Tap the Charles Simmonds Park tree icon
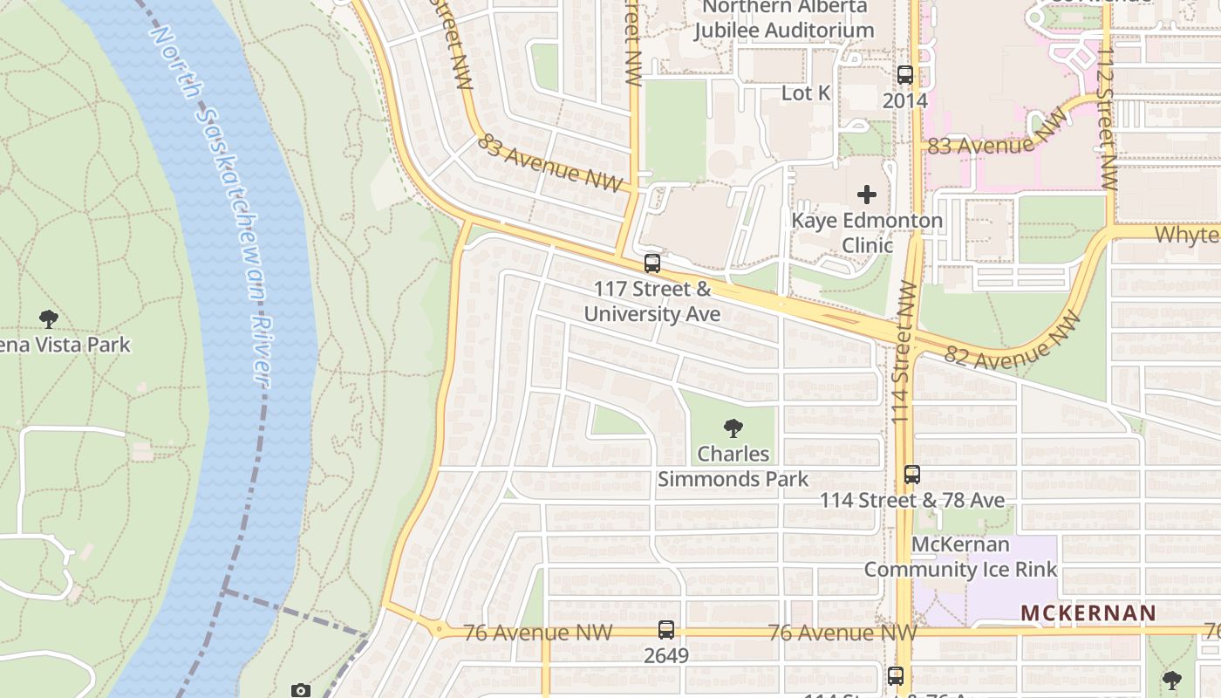coord(733,428)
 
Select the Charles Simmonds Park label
coord(733,467)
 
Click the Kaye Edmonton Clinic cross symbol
coord(866,195)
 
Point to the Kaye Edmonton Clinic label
coord(866,233)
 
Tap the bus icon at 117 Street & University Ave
coord(652,263)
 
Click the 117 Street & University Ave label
coord(652,301)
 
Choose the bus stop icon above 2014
coord(904,75)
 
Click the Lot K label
coord(805,92)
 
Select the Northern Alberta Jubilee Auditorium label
coord(783,18)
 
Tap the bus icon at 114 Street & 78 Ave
coord(912,475)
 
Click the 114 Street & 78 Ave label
coord(912,501)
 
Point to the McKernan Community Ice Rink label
coord(960,557)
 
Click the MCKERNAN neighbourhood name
coord(1088,613)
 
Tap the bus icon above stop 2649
coord(666,630)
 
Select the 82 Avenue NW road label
coord(1013,342)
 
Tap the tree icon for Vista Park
coord(49,319)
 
